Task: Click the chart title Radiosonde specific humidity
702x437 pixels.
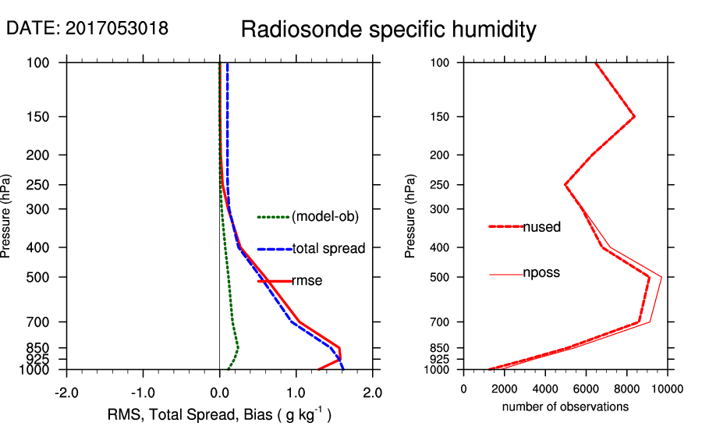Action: [x=388, y=30]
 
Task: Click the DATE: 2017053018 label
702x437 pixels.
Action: [x=87, y=29]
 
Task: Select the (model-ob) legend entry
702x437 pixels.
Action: [x=324, y=217]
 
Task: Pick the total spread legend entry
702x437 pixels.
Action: [x=328, y=249]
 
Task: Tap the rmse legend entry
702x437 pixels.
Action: [x=307, y=281]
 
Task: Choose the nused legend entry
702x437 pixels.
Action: [x=541, y=227]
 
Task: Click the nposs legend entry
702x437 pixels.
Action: [x=541, y=274]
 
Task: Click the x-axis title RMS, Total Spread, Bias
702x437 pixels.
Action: [x=219, y=414]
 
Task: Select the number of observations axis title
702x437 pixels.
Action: [x=565, y=407]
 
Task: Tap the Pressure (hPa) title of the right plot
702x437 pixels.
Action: [x=411, y=217]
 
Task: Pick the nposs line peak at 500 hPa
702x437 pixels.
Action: [x=662, y=276]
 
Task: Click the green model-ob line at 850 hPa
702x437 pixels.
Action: [x=238, y=347]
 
